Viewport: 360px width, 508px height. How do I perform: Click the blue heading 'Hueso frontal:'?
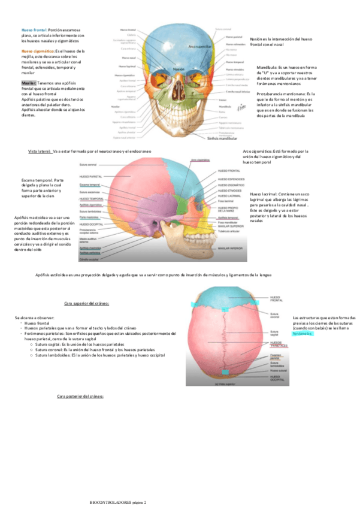tap(34, 29)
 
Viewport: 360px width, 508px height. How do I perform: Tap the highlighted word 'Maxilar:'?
tap(29, 82)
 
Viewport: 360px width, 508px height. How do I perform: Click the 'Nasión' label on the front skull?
tap(179, 69)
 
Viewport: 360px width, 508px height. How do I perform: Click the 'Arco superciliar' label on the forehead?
tap(199, 44)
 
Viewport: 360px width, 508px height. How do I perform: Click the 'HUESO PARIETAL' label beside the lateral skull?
tap(91, 177)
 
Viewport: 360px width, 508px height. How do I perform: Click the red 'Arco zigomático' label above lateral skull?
tap(199, 160)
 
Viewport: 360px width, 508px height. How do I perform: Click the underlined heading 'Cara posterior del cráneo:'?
tap(80, 397)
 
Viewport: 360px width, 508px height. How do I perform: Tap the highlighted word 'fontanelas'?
tap(302, 334)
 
